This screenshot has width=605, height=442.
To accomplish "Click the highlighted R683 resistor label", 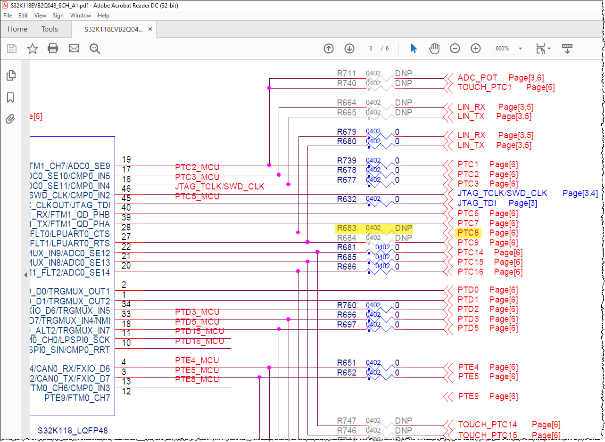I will [347, 228].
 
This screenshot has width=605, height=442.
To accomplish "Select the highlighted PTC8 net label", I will [468, 233].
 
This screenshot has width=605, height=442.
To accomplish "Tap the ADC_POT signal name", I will [477, 78].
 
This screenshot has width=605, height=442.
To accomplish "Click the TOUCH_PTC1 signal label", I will [484, 87].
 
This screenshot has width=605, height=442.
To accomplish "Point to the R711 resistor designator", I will [347, 74].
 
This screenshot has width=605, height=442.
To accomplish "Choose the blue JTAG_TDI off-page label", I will [477, 203].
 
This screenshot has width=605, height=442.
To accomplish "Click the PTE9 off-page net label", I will [468, 396].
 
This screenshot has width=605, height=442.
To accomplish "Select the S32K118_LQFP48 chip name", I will [73, 430].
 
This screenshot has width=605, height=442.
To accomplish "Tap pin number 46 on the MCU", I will [126, 189].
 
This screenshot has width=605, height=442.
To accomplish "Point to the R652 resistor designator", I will [347, 373].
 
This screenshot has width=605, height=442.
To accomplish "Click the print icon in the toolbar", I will [53, 49].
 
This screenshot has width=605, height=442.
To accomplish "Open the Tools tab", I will [50, 29].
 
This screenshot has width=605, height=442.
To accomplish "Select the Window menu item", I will [81, 16].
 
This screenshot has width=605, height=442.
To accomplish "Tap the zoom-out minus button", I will [455, 49].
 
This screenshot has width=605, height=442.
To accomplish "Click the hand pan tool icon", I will [434, 49].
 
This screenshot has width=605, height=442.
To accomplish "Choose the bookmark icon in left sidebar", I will [10, 98].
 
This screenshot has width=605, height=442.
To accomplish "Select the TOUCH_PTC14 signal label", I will [487, 425].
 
